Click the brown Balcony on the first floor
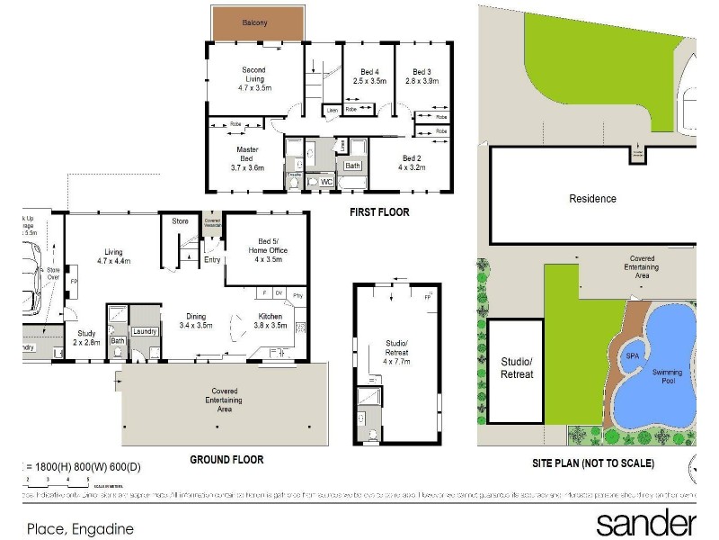click(255, 22)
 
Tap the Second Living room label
click(253, 79)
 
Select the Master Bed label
click(247, 158)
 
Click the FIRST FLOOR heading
click(379, 212)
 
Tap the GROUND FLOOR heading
click(226, 460)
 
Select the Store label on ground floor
click(179, 220)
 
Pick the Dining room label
click(196, 321)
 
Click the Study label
click(86, 338)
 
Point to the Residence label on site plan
click(592, 199)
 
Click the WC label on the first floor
click(326, 182)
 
